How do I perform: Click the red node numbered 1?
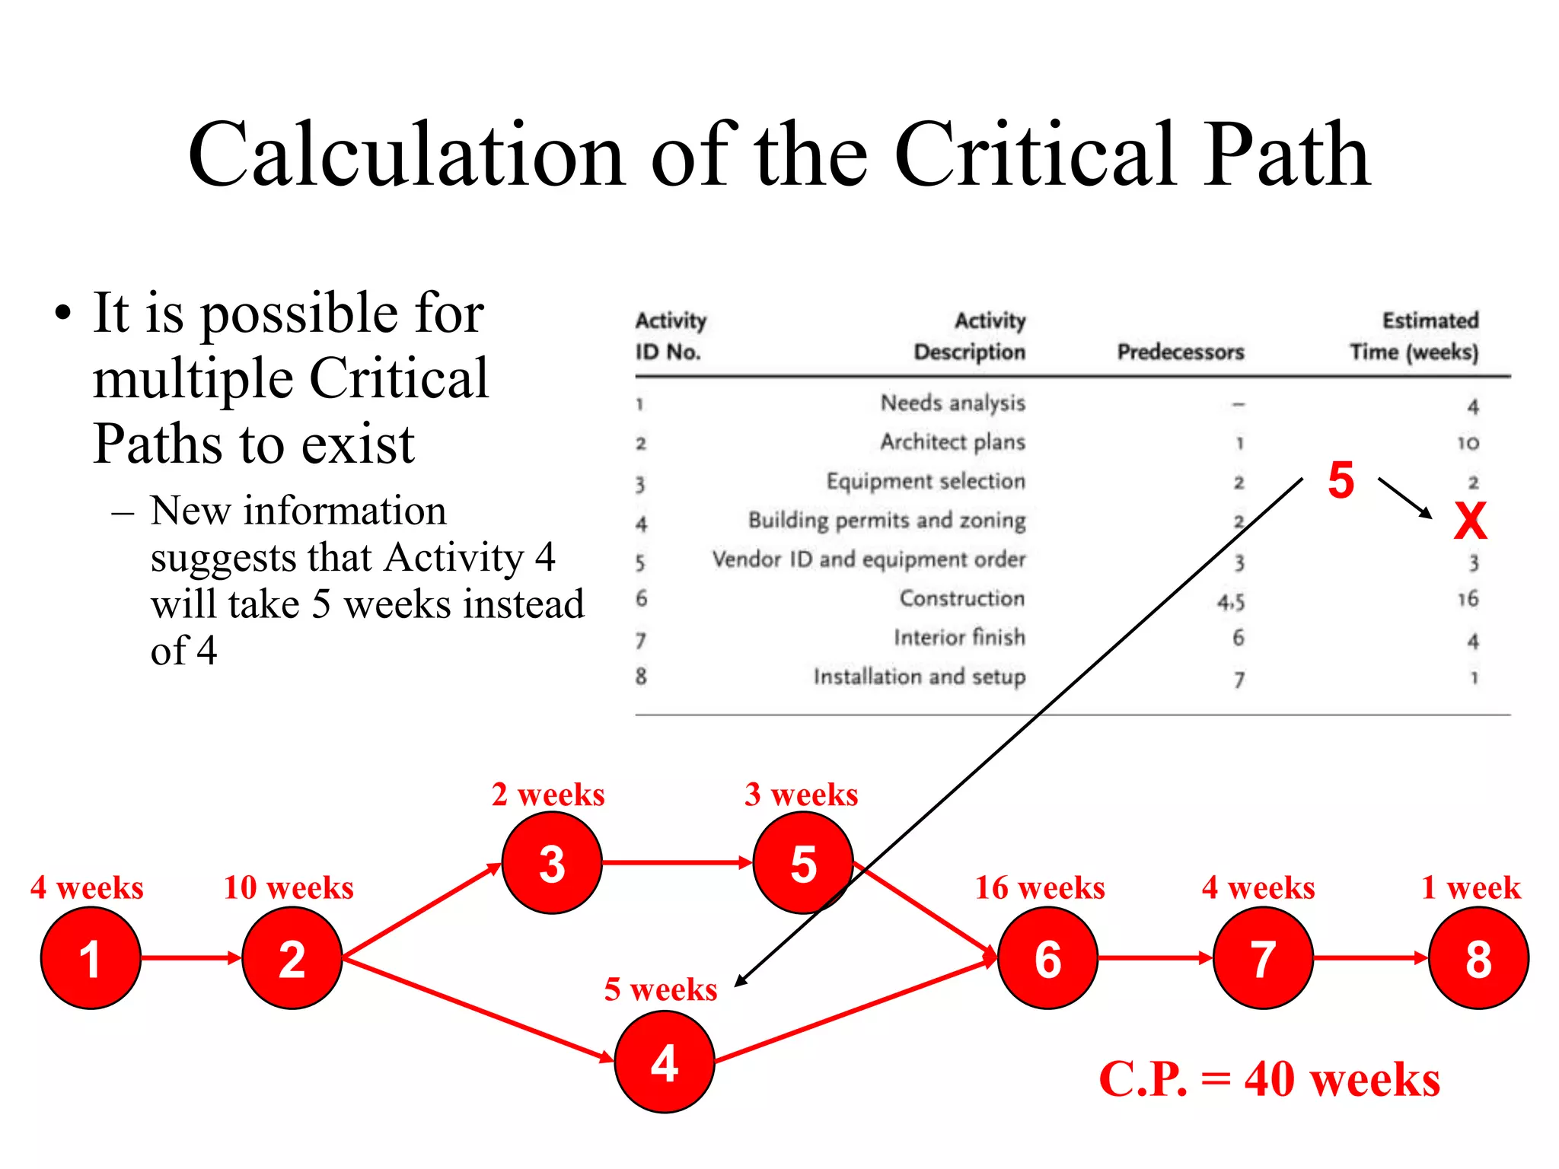pos(91,957)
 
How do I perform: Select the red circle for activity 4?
pos(664,1062)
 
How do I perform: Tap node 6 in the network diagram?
pos(1047,957)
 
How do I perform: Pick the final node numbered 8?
pos(1478,957)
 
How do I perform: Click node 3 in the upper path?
pos(552,863)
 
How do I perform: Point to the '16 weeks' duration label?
pos(1040,888)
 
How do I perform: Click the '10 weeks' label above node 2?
pos(289,888)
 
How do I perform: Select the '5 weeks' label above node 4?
pos(660,989)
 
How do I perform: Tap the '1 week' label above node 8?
pos(1471,888)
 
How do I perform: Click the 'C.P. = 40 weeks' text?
pos(1269,1079)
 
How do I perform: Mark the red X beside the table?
pos(1470,521)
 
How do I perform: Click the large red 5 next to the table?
pos(1341,481)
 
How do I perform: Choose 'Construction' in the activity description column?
pos(962,598)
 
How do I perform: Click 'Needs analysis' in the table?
pos(952,403)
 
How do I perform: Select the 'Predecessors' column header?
pos(1180,352)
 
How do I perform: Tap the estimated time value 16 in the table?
pos(1468,599)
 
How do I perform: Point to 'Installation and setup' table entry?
pos(919,677)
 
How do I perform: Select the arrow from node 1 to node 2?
pos(190,957)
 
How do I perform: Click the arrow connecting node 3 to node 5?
pos(676,863)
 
